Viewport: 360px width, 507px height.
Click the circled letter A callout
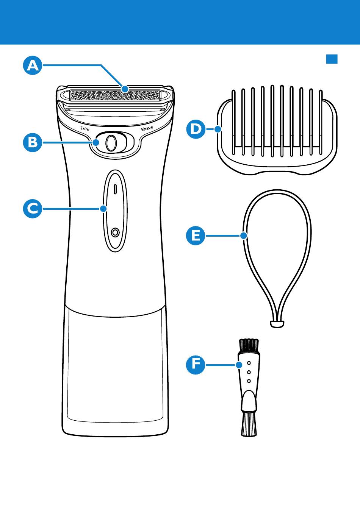[33, 66]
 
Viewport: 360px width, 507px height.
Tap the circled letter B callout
[33, 142]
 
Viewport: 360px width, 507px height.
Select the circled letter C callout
[33, 209]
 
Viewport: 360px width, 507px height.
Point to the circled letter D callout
[196, 129]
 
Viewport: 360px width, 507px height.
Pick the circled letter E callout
[196, 236]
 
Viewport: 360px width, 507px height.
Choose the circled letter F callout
[196, 365]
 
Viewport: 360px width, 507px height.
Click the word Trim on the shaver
[85, 129]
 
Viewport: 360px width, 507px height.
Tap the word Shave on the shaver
[147, 129]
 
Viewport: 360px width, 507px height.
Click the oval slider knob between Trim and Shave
[111, 143]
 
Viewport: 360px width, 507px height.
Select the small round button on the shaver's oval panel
[115, 232]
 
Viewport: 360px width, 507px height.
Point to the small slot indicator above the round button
[115, 189]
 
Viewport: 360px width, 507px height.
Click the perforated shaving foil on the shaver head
[115, 95]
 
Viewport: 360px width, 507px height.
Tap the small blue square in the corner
[332, 59]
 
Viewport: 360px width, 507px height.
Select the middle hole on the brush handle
[249, 372]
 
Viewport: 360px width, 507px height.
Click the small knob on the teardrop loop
[277, 324]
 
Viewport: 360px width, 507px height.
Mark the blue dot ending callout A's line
[125, 89]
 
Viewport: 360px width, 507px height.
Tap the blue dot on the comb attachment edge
[218, 129]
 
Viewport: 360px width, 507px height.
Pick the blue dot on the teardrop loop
[244, 236]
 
